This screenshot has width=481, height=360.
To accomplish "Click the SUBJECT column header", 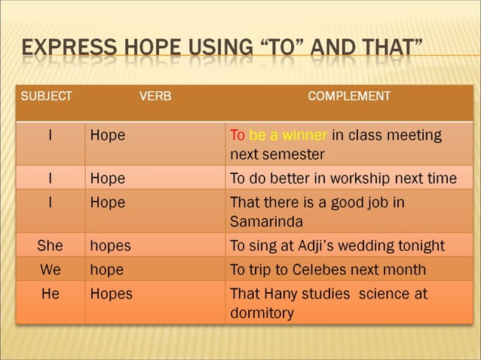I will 46,96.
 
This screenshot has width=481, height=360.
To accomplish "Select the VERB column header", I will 155,96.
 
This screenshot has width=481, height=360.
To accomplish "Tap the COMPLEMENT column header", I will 349,96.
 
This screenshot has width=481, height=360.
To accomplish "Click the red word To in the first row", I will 237,136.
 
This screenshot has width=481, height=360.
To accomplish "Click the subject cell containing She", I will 50,246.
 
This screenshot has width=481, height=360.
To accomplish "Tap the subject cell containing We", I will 50,270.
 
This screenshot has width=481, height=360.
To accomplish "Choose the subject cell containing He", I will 50,294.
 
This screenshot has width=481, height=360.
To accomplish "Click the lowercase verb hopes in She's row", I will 110,246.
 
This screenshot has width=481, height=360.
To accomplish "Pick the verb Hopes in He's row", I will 111,294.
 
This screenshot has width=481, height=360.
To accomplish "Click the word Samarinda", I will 266,222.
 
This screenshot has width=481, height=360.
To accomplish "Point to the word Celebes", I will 326,270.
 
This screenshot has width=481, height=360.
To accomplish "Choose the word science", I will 384,294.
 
